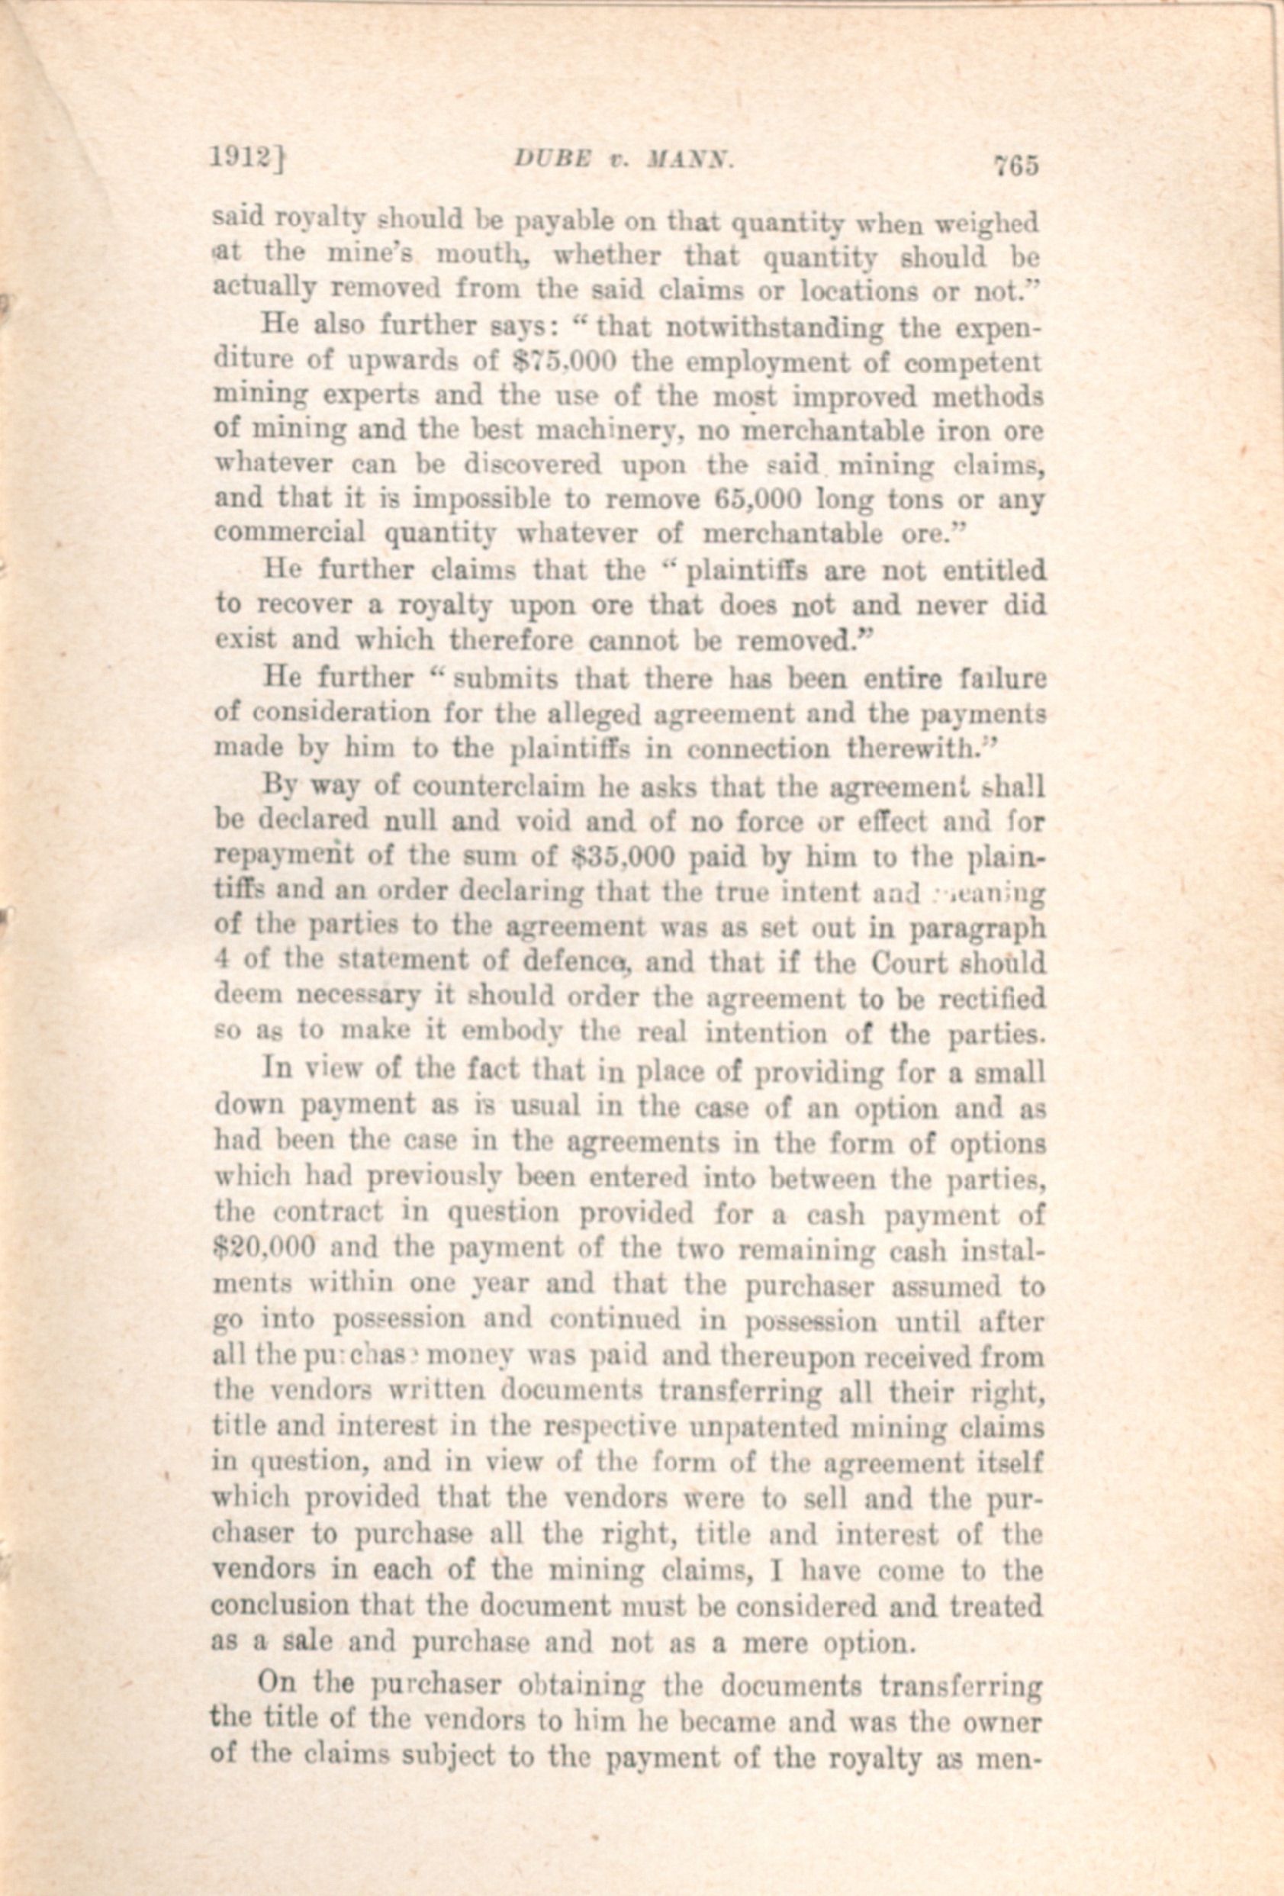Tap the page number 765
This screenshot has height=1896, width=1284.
(1014, 165)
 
